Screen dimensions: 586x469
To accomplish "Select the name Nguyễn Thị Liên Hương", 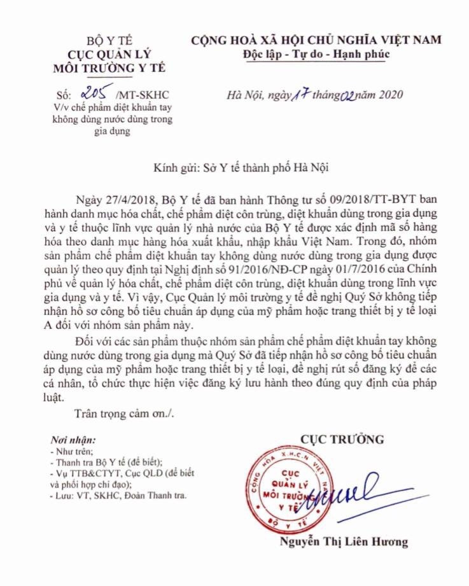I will pos(344,543).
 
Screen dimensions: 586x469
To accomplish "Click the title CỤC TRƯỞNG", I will pos(344,438).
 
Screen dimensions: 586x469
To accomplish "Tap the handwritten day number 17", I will pos(299,95).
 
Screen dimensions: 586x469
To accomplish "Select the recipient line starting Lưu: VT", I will pos(121,495).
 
